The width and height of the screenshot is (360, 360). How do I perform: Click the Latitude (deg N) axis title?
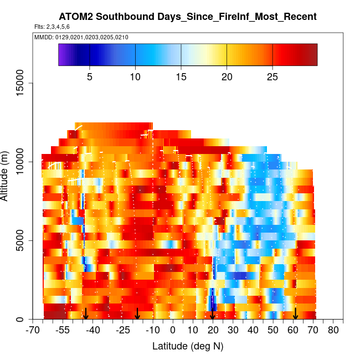coord(187,346)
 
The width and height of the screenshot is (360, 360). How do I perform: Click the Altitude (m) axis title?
coord(6,174)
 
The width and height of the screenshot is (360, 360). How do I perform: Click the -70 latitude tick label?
coord(34,331)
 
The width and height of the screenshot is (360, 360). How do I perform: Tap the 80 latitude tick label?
coord(333,331)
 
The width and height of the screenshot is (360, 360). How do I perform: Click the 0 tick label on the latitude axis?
coord(173,331)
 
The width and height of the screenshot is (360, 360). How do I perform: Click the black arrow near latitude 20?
coord(213,314)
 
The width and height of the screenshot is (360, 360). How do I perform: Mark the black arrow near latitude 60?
coord(296,314)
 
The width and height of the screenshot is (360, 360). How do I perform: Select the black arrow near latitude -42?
coord(86,314)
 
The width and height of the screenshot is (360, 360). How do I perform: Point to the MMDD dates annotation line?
coord(81,37)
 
